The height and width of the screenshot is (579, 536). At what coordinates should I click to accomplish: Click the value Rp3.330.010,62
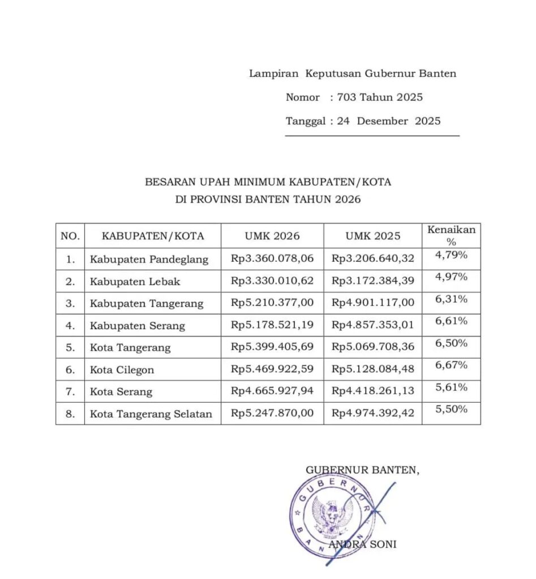272,280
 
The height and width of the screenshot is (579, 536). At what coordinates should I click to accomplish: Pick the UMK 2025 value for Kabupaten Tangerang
373,303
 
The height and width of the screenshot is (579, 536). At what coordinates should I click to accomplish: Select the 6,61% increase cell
451,321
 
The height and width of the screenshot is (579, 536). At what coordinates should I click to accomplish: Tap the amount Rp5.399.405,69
272,347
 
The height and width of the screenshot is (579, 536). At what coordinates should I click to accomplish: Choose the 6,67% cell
451,365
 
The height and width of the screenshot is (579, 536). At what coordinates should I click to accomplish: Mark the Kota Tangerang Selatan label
151,414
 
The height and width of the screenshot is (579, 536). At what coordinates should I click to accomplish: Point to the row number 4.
70,326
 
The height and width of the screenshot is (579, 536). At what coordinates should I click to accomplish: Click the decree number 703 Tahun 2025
380,97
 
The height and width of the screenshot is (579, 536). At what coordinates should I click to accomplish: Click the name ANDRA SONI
362,545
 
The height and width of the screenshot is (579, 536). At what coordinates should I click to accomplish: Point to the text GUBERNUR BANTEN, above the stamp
363,469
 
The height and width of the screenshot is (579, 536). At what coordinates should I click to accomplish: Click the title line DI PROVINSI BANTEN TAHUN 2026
268,200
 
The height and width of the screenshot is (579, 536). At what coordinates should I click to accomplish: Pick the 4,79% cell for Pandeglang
451,255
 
